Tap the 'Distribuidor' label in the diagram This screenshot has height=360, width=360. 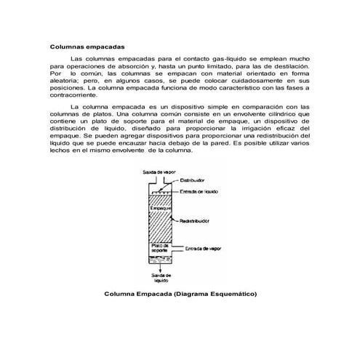click(193, 180)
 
